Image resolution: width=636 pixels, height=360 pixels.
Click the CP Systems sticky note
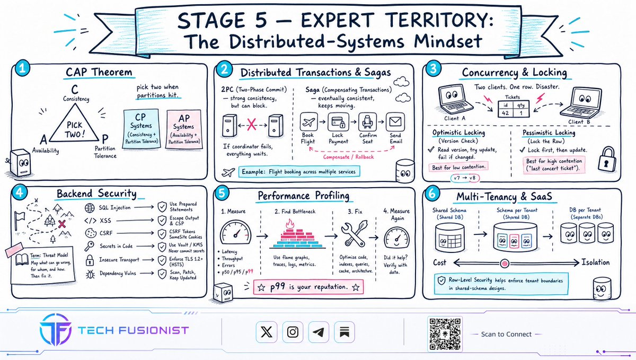[142, 129]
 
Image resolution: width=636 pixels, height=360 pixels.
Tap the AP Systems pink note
[184, 129]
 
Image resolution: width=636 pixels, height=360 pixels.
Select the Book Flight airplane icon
[308, 122]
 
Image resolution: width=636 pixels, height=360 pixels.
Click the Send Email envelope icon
[395, 122]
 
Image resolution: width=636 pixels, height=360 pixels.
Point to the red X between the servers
[252, 125]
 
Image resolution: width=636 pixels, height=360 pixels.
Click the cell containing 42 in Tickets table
[506, 113]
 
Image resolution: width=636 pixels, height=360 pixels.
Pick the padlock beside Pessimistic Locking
[607, 159]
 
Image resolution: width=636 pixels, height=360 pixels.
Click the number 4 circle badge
[19, 193]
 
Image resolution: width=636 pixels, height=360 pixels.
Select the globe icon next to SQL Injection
[90, 208]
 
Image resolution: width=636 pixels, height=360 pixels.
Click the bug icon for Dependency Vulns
[90, 274]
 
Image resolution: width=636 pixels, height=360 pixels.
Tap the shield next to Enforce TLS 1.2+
[162, 260]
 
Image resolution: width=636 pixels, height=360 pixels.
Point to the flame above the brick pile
[289, 224]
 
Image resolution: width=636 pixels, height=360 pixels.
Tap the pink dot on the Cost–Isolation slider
[505, 264]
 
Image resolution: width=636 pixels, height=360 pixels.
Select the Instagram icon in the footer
[293, 332]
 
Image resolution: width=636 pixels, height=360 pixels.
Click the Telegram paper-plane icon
[319, 332]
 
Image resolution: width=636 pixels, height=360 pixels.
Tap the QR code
[445, 334]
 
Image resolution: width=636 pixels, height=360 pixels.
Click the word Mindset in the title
[448, 41]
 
